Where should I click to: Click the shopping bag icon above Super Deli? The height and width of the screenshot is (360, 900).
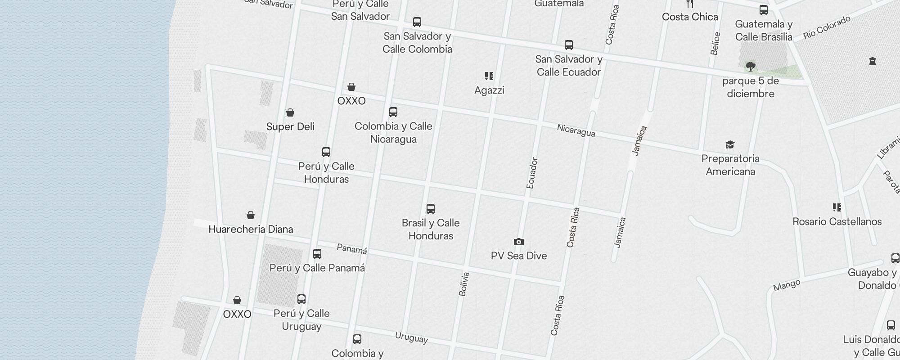[290, 112]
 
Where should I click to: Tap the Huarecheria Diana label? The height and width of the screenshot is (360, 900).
[251, 229]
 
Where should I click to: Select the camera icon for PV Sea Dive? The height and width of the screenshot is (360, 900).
[518, 242]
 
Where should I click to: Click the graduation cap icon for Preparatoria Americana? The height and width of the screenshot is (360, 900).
[730, 145]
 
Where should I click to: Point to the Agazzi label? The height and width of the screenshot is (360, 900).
[489, 90]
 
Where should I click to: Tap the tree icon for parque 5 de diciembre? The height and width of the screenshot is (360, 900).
[750, 67]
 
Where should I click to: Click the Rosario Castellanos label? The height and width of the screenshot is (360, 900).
[837, 221]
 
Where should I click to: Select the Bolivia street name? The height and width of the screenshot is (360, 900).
[464, 284]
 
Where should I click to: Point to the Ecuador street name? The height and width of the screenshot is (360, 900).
[532, 173]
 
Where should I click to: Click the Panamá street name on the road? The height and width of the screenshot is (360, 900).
[352, 249]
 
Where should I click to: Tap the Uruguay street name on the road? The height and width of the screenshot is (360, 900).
[411, 337]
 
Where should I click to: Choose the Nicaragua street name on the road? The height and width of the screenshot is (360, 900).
[576, 130]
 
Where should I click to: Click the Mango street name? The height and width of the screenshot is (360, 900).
[787, 285]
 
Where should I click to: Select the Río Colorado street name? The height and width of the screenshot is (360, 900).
[827, 27]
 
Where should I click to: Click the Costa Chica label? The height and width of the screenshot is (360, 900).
[690, 17]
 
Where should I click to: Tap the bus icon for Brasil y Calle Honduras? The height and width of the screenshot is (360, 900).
[431, 209]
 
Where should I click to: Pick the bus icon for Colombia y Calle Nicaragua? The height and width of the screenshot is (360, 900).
[393, 112]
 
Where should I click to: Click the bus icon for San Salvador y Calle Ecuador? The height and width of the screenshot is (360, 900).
[569, 45]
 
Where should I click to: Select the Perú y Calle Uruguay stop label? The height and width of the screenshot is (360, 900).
[301, 319]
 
